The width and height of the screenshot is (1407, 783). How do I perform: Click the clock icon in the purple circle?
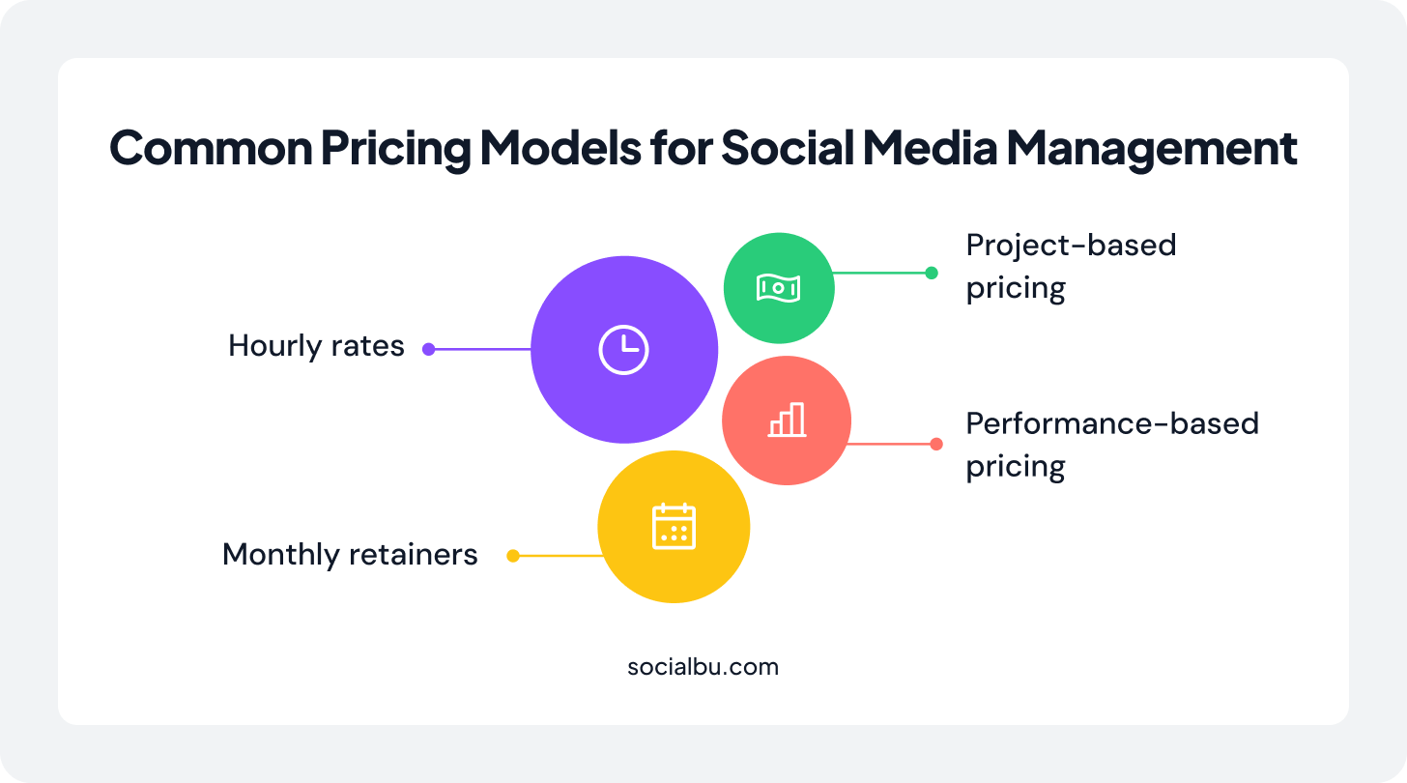point(623,350)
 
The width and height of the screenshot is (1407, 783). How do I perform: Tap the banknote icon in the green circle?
point(778,288)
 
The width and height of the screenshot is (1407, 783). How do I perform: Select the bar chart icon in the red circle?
point(787,420)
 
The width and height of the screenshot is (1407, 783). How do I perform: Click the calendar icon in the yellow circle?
point(674,527)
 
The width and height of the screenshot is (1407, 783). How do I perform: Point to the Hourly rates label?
point(316,346)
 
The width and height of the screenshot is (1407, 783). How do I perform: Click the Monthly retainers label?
point(350,555)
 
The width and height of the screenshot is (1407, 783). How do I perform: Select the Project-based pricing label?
point(1071,267)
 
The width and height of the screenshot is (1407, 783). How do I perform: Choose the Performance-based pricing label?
point(1112,445)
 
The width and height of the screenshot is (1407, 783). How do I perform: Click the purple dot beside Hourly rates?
point(429,349)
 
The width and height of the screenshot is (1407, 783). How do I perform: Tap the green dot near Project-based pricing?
point(932,273)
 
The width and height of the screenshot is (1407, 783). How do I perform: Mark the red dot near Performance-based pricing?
point(936,445)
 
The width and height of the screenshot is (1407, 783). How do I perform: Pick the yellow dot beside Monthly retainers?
point(513,556)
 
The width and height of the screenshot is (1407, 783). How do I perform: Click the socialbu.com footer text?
point(703,667)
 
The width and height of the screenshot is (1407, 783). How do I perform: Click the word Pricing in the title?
point(396,149)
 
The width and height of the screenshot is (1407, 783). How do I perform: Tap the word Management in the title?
point(1152,149)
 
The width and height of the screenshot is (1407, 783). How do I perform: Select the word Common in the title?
point(211,148)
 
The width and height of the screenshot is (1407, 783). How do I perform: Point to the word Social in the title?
point(788,148)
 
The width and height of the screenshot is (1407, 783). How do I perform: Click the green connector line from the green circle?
point(882,273)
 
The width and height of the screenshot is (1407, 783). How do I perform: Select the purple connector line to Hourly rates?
point(480,349)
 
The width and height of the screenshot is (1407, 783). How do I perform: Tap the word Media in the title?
point(931,148)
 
